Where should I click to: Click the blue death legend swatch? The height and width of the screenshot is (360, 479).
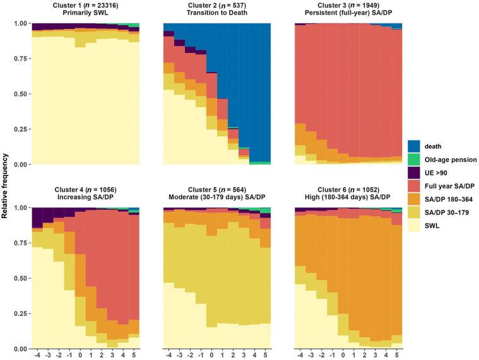coord(413,146)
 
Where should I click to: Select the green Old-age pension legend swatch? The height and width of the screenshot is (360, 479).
coord(413,160)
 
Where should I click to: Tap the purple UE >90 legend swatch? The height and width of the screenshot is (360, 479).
coord(413,173)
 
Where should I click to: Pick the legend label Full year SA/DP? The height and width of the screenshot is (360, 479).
coord(449,186)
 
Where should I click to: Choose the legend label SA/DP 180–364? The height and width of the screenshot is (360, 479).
coord(449,199)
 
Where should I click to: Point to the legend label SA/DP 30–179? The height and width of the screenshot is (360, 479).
coord(447,212)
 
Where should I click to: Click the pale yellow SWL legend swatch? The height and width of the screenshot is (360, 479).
coord(413,226)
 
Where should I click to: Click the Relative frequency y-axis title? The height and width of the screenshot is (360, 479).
coord(4,186)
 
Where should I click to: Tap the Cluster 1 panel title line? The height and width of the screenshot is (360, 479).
coord(86,6)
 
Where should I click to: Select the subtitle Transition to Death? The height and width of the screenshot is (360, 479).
coord(217,13)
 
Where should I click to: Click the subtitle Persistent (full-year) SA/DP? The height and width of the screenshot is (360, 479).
coord(348,13)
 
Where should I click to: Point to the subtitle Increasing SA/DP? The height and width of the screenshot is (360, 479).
coord(86,197)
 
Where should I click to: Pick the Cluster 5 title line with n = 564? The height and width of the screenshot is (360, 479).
coord(217,190)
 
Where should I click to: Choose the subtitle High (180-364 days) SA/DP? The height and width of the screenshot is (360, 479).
coord(348,197)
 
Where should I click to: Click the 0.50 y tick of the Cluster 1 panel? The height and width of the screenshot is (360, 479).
coord(21,94)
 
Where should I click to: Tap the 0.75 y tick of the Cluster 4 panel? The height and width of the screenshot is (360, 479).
coord(21,243)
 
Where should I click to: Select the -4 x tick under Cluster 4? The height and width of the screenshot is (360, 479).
coord(37,356)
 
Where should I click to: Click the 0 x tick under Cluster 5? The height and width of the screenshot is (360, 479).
coord(211,356)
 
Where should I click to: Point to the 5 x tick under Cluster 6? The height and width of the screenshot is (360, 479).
coord(396,356)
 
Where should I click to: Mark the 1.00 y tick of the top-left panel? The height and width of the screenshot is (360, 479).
coord(21,23)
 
